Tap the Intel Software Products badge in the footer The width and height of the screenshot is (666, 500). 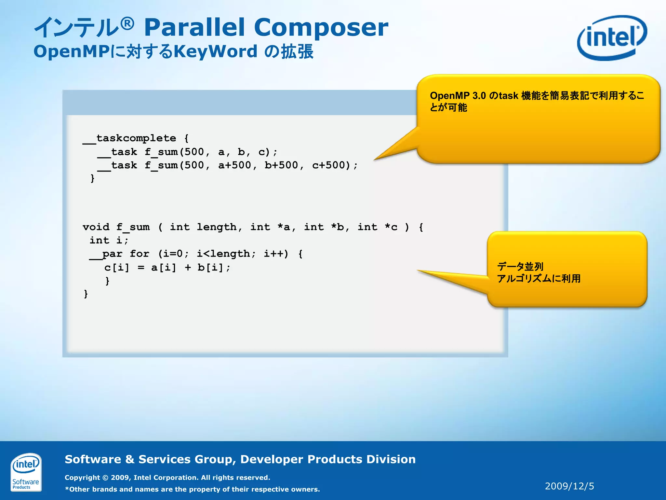[26, 472]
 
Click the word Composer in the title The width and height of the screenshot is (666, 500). [321, 27]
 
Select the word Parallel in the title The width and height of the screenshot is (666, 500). [194, 27]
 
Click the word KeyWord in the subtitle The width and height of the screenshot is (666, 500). [215, 51]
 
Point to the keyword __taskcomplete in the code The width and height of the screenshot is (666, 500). [129, 138]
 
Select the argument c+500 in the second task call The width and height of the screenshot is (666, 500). [331, 165]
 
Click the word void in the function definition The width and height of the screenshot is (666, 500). [96, 227]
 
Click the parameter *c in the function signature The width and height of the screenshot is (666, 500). [391, 227]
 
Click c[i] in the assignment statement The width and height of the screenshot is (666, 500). [116, 268]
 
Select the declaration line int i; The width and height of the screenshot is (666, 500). [109, 241]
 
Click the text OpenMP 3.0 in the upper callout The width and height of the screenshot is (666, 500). [458, 96]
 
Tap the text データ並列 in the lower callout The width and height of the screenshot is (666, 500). [520, 267]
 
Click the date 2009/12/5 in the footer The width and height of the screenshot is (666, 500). [569, 486]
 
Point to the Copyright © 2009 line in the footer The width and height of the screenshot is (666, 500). [167, 478]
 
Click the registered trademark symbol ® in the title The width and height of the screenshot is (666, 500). [127, 23]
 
